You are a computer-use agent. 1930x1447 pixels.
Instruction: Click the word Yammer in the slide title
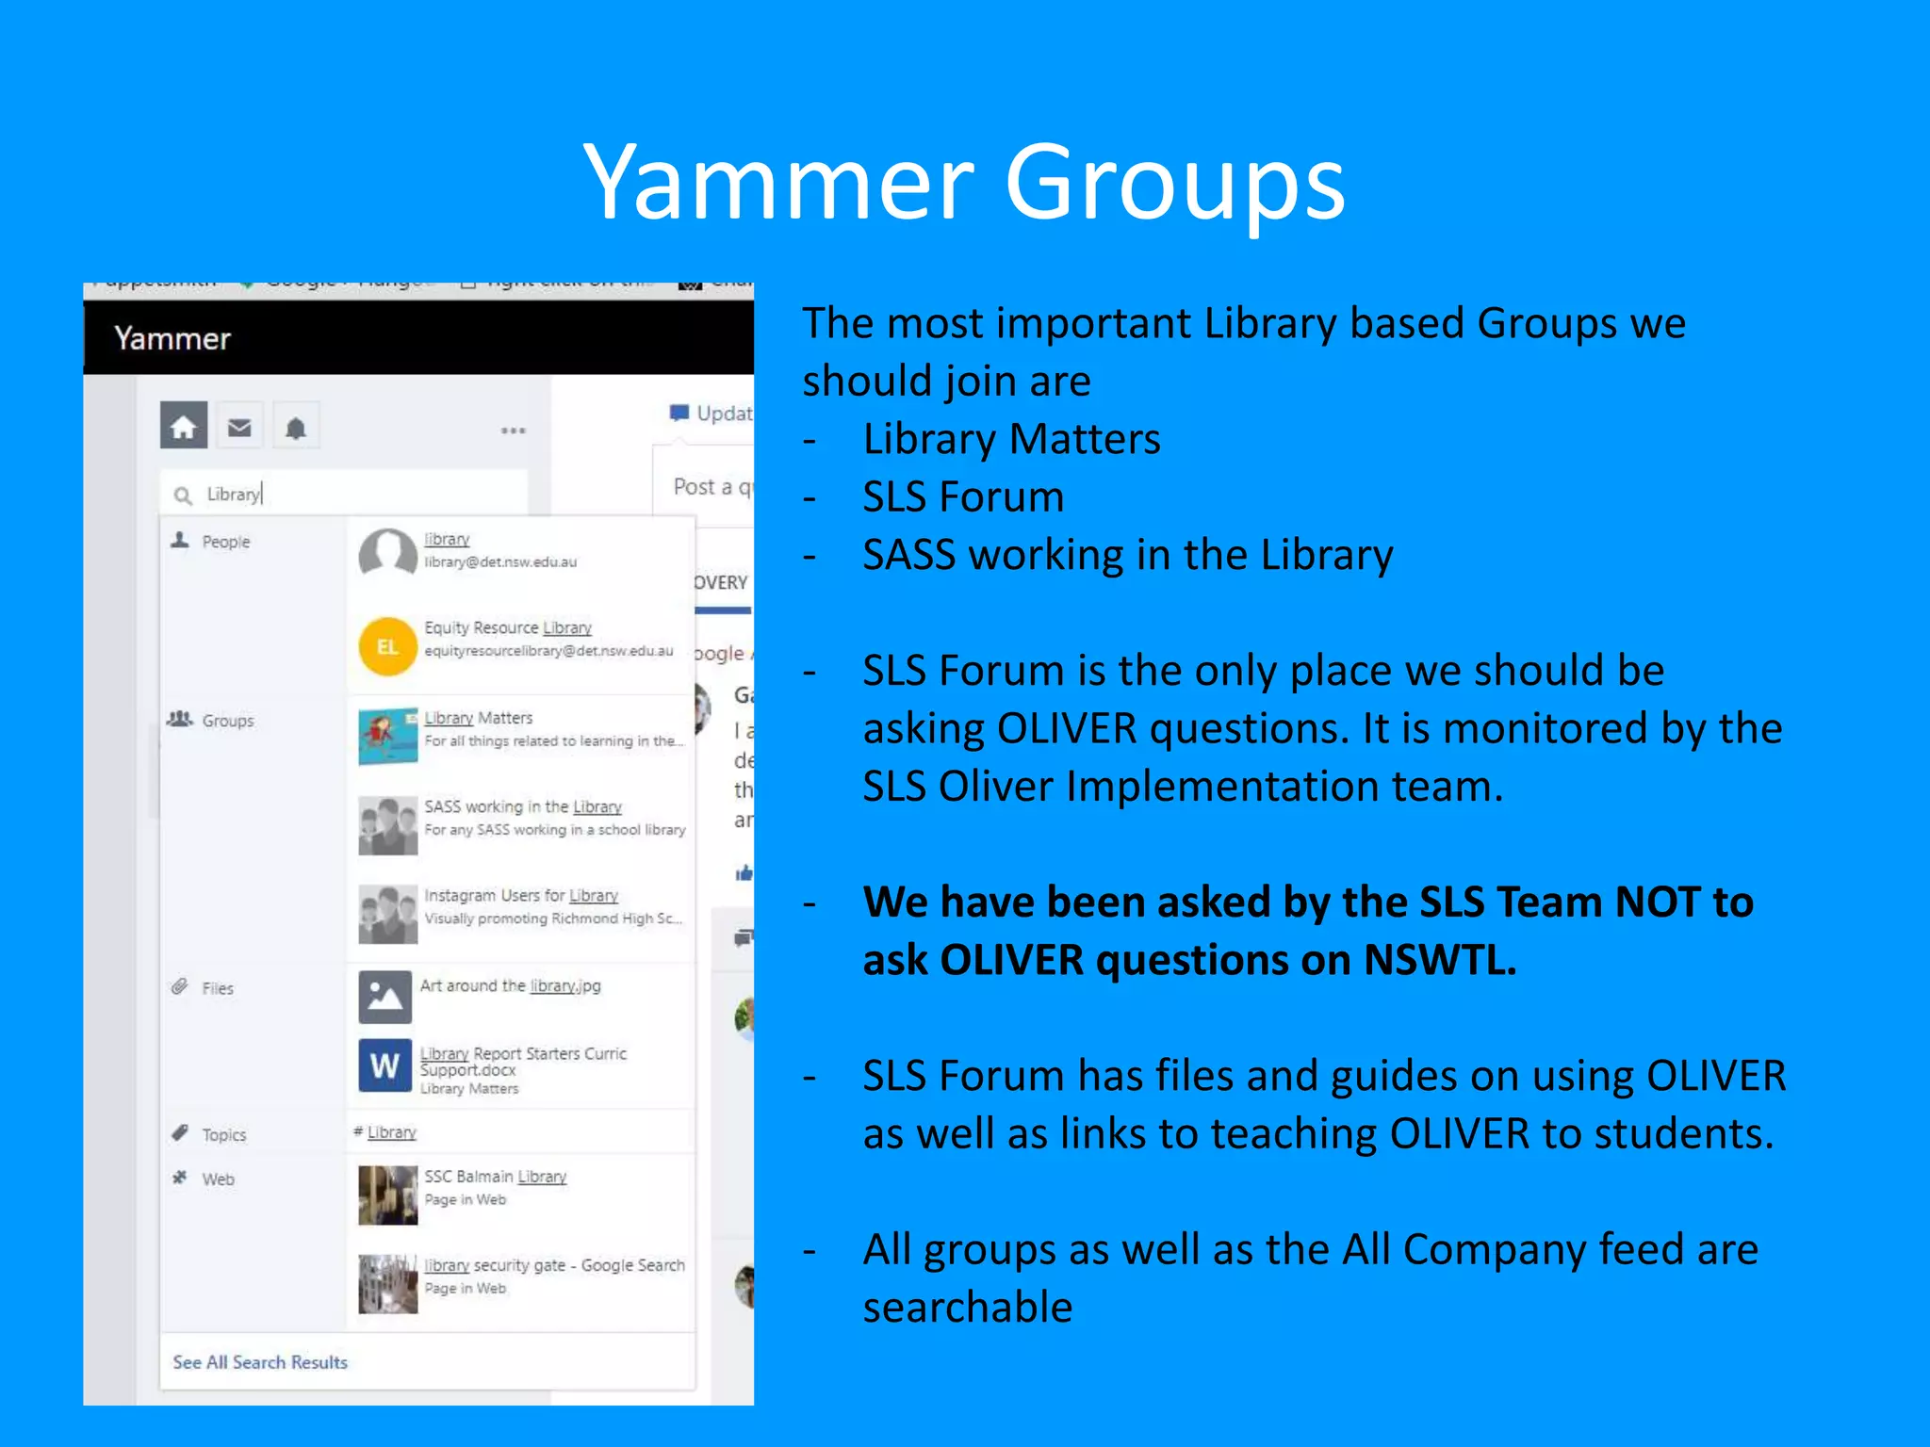pos(778,183)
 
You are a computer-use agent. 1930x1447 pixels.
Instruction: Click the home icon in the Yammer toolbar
pos(183,427)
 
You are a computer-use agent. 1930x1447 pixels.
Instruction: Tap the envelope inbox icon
pos(239,428)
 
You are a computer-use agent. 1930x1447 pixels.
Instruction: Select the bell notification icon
pos(296,429)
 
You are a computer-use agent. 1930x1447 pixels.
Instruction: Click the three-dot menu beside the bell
pos(513,431)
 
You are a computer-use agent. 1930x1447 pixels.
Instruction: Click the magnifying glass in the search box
pos(183,496)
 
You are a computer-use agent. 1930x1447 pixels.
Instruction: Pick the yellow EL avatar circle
pos(387,646)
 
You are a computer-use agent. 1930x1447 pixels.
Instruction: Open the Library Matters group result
pos(478,718)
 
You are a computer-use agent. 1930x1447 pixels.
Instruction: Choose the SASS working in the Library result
pos(523,806)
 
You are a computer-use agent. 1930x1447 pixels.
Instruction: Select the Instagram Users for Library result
pos(521,895)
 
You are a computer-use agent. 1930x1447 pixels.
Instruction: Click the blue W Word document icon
pos(384,1065)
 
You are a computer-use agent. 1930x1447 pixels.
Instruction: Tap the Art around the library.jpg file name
pos(510,985)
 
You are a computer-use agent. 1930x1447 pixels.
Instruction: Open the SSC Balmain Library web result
pos(495,1177)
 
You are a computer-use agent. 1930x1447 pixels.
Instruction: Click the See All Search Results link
pos(260,1362)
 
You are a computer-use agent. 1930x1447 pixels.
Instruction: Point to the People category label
pos(225,542)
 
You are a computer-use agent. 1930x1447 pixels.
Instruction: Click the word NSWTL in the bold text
pos(1439,960)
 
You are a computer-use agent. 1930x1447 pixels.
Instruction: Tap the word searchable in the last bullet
pos(968,1308)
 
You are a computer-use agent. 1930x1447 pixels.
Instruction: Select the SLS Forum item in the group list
pos(963,496)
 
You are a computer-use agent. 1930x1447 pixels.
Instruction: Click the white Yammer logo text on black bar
pos(172,338)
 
